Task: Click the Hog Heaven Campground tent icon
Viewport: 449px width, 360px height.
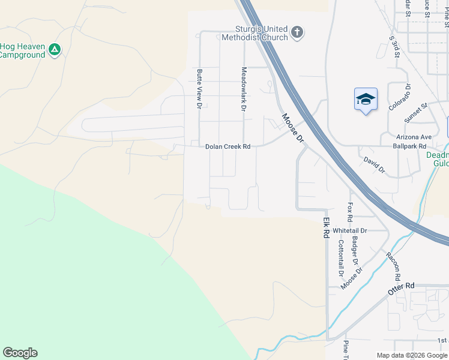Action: point(55,50)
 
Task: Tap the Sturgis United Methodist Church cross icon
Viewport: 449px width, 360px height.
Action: point(297,32)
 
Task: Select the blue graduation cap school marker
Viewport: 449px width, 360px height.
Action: point(366,100)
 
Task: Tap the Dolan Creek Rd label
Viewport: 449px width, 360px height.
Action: point(228,146)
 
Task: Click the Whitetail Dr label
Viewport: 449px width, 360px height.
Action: point(349,230)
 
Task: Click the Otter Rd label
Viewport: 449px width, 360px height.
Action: point(402,286)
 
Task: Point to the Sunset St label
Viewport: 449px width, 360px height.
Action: point(415,112)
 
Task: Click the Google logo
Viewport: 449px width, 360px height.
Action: point(20,353)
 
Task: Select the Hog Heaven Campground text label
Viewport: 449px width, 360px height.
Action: point(22,50)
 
